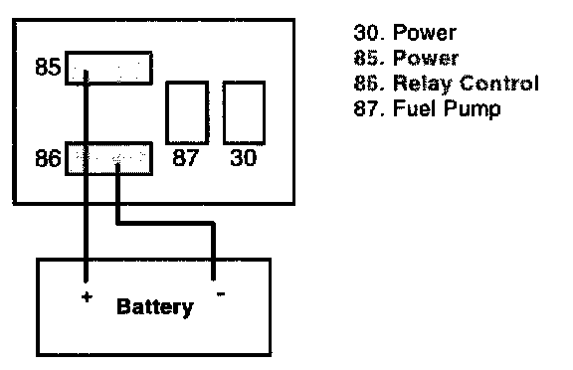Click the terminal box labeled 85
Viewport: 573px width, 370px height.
coord(108,68)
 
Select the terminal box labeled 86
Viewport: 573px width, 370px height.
coord(108,158)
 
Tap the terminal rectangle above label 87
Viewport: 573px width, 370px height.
coord(187,112)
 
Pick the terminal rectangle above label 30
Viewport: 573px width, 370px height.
coord(244,112)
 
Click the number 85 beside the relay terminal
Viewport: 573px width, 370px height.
coord(48,67)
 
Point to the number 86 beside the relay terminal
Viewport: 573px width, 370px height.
coord(48,158)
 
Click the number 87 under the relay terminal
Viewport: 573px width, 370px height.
coord(185,157)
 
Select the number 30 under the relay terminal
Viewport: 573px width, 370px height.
coord(244,157)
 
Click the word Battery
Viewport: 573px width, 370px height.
coord(155,307)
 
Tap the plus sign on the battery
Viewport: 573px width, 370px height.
coord(87,297)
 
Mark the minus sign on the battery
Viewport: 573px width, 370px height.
coord(221,293)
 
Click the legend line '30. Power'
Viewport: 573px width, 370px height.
coord(405,33)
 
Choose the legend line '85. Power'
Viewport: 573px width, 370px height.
coord(406,58)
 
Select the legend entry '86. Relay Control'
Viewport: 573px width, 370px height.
coord(447,84)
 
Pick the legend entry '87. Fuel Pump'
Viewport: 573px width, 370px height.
coord(427,108)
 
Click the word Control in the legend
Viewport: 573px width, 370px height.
coord(499,83)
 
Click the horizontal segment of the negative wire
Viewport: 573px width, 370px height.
coord(165,223)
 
